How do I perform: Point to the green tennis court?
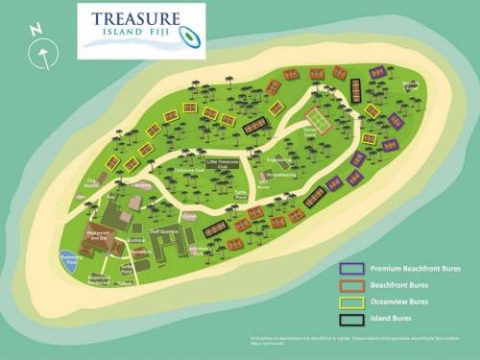317,119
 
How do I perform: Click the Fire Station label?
93,181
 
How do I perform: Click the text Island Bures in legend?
397,318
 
